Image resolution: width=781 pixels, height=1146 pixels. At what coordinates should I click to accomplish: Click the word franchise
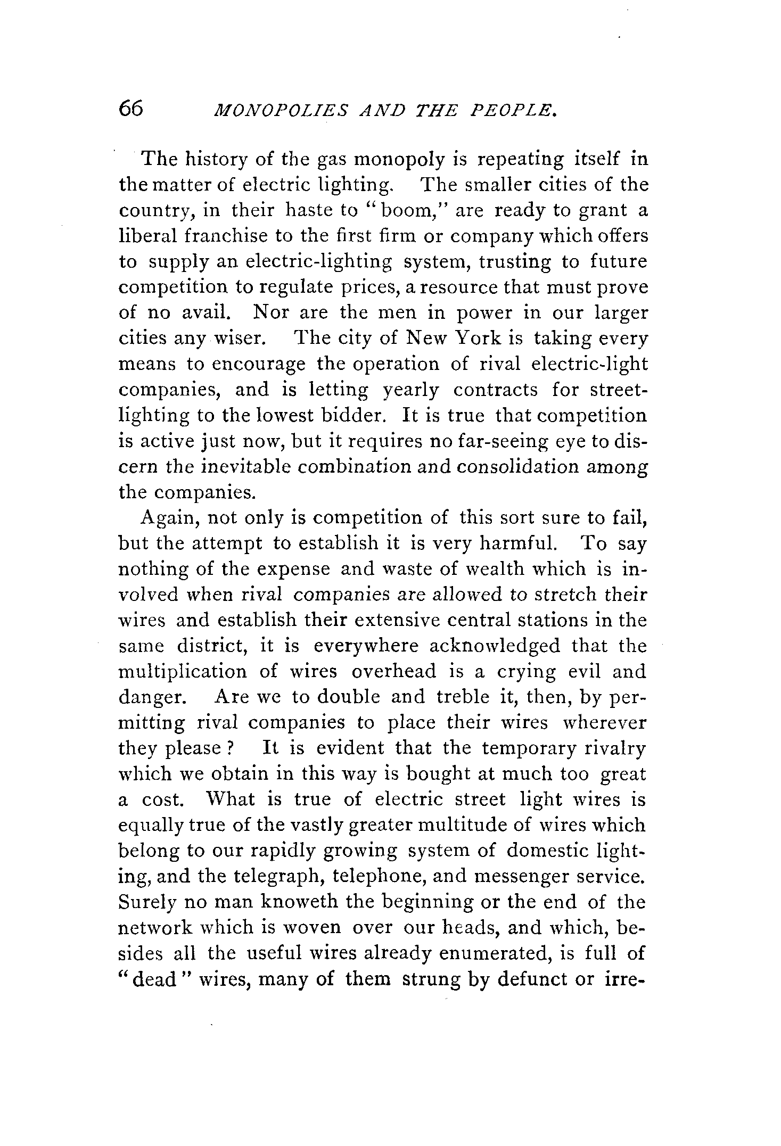220,236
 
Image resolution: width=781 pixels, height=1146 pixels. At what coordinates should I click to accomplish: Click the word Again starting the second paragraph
168,518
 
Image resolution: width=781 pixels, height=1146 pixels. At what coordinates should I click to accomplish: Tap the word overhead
393,671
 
